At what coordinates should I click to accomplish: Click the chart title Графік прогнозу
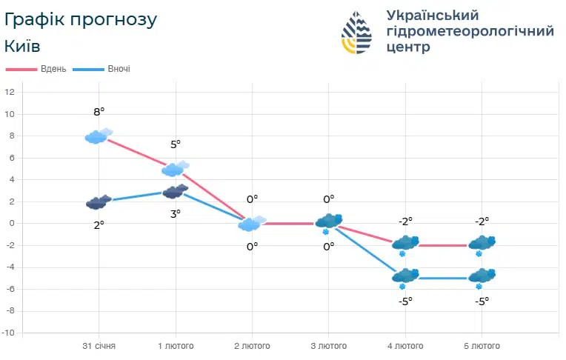[80, 19]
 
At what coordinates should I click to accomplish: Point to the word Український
[433, 15]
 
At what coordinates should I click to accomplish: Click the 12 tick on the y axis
[10, 93]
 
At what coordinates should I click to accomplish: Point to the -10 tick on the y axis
[8, 333]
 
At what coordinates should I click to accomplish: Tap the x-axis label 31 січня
[99, 346]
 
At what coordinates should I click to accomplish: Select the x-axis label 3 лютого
[328, 346]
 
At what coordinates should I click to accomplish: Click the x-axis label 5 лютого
[482, 346]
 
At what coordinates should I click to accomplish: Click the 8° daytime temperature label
[99, 112]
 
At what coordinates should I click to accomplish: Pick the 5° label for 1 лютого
[176, 144]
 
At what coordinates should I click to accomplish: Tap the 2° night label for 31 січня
[99, 224]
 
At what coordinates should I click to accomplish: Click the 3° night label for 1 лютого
[176, 214]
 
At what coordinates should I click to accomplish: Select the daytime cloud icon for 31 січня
[98, 136]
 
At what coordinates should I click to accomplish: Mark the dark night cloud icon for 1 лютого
[175, 193]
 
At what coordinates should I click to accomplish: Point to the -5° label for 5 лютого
[482, 301]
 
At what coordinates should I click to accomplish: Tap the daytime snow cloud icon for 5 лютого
[482, 243]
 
